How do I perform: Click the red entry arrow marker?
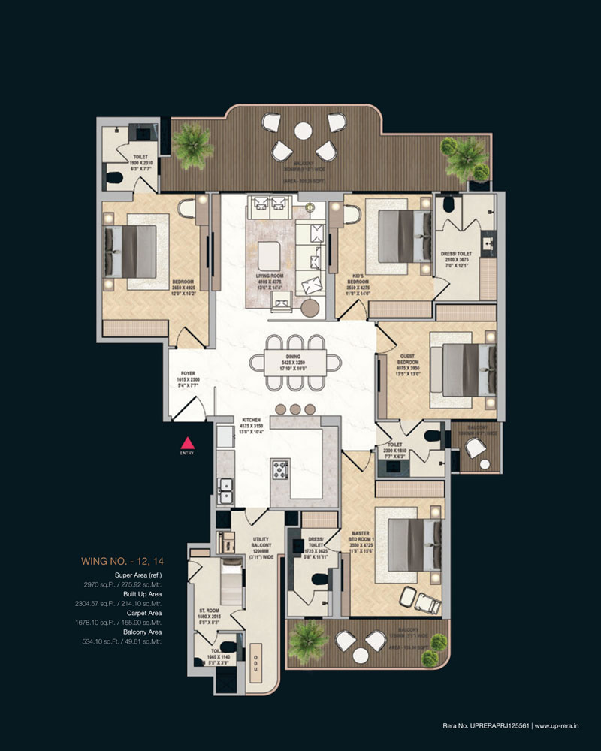click(x=187, y=442)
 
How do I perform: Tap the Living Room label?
click(x=268, y=279)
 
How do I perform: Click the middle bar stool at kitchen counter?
click(x=295, y=409)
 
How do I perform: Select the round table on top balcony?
click(x=303, y=131)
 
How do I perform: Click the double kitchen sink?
click(x=225, y=492)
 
